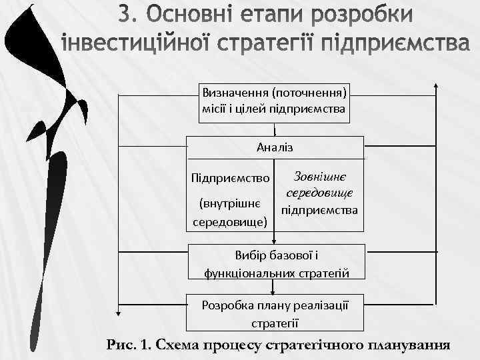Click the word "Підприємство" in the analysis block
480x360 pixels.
tap(231, 179)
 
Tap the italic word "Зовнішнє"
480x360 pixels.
tap(319, 177)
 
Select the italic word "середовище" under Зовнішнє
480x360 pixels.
tap(319, 193)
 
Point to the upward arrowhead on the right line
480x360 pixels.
tap(435, 87)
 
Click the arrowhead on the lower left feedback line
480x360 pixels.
tap(120, 310)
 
